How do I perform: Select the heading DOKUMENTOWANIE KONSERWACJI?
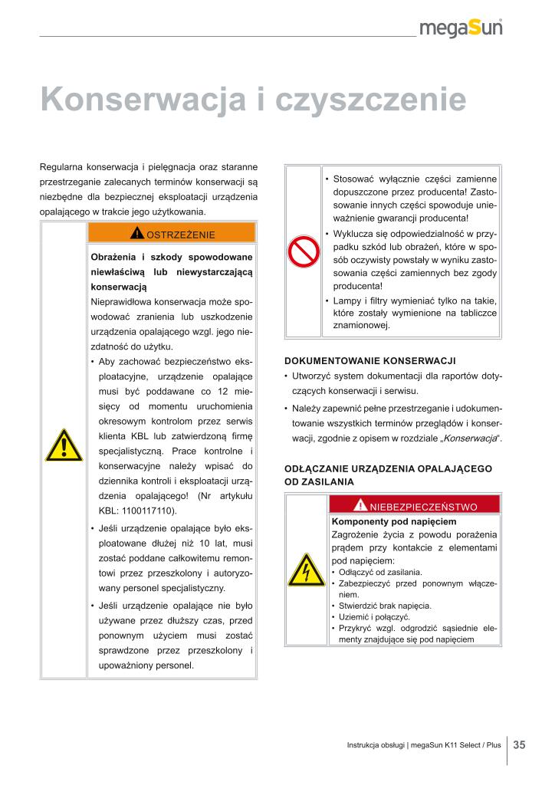[x=370, y=360]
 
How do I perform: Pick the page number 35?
[x=519, y=744]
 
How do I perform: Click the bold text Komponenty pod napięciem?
[x=383, y=521]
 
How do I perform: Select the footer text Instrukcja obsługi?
[x=376, y=745]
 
